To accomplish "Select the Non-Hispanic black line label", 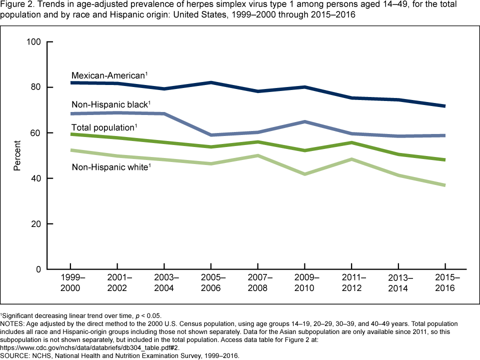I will [110, 104].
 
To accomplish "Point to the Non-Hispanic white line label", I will [110, 167].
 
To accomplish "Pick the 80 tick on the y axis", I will [35, 87].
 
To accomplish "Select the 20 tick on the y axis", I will [35, 224].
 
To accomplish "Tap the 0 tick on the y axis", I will [37, 269].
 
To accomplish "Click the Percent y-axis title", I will [17, 155].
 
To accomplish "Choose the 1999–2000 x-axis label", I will [70, 283].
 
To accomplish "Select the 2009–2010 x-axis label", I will [305, 283].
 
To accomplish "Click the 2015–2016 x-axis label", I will [445, 283].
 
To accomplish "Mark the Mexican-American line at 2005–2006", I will [212, 82].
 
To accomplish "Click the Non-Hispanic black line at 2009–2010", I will [305, 121].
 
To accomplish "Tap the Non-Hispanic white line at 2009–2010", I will [305, 174].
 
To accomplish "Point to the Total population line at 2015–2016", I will [445, 160].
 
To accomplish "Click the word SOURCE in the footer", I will [14, 356].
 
